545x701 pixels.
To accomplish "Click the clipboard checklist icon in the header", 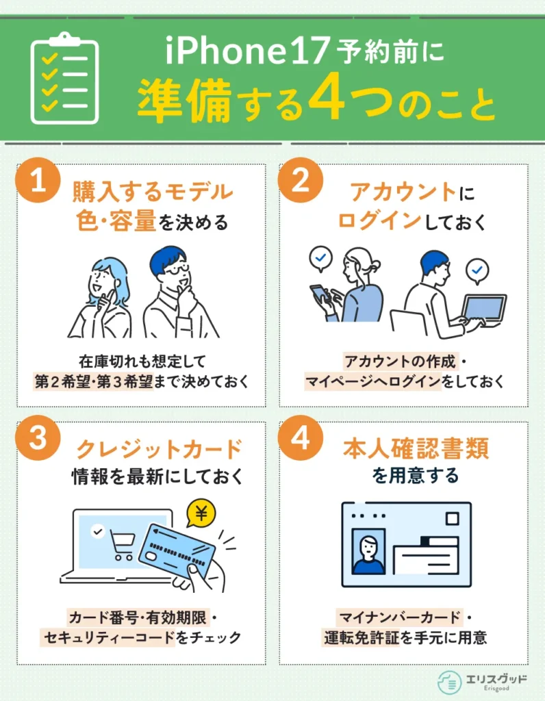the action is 65,79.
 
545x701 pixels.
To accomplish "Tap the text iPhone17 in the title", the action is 247,51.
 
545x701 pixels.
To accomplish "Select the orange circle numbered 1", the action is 38,180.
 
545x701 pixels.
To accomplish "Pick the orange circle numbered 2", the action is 301,180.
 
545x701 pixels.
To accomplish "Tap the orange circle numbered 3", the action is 38,437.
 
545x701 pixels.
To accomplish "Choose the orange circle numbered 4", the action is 301,437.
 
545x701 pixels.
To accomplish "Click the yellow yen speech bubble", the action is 201,514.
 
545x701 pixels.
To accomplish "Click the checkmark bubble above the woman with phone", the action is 320,259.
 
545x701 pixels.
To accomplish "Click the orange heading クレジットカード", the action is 159,449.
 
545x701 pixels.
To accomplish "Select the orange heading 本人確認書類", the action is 416,448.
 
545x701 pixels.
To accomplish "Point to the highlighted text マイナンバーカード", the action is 400,617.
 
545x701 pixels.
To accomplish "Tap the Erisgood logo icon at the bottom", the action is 449,683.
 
